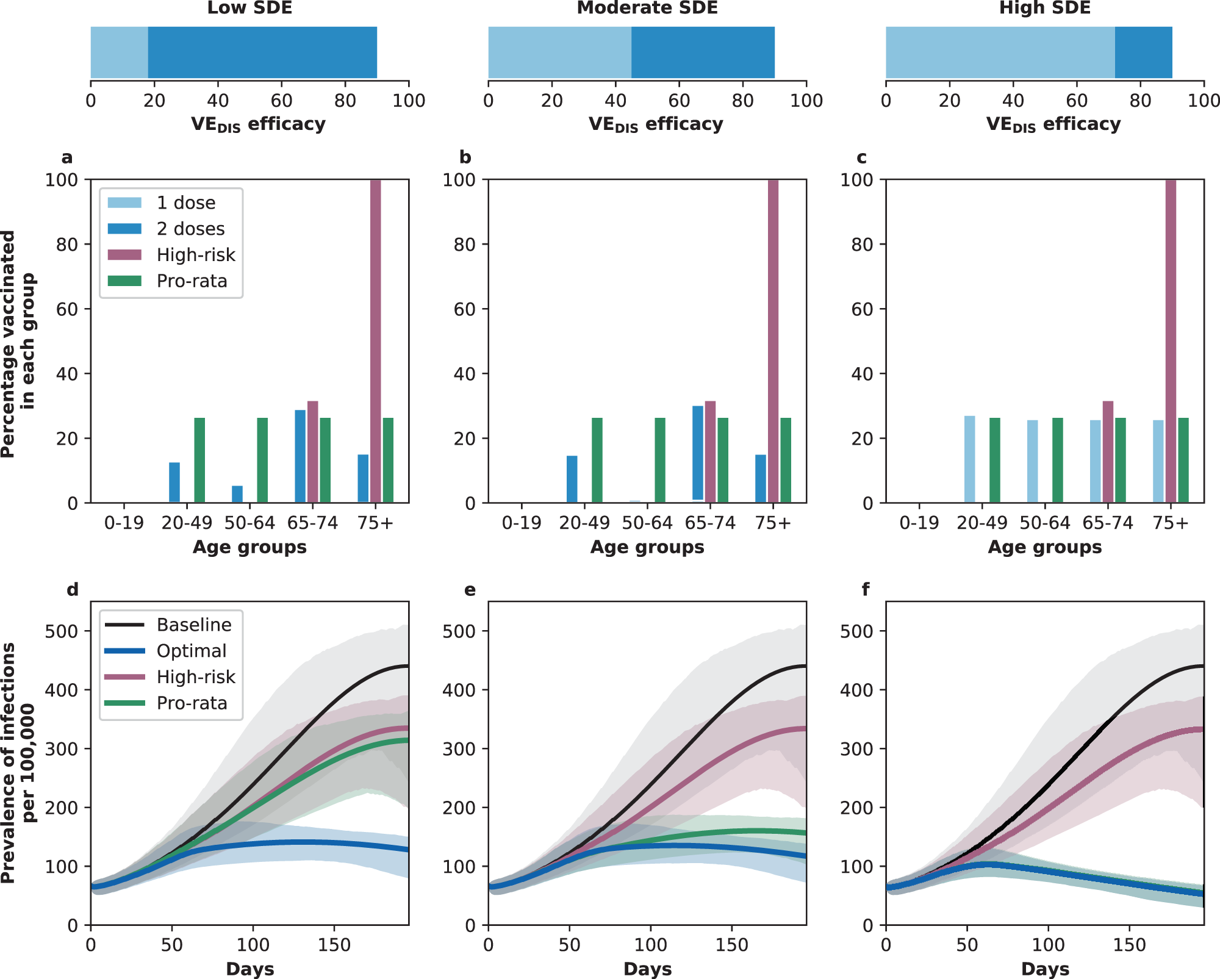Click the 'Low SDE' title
click(249, 8)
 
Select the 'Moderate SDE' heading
click(647, 8)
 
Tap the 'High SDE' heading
click(1044, 8)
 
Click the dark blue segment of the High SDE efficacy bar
click(1143, 52)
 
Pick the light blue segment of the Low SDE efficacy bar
click(119, 52)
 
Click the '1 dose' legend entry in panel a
click(185, 203)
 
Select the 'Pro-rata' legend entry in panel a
click(192, 281)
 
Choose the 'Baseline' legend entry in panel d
click(193, 625)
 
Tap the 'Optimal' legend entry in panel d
click(191, 651)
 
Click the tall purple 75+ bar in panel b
click(773, 342)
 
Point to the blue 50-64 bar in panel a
click(237, 494)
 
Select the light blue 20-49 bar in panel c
click(969, 459)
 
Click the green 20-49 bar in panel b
click(597, 461)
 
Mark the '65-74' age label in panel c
click(1108, 523)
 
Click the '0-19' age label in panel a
click(124, 523)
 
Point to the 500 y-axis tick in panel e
click(458, 631)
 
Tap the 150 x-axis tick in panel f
click(1129, 945)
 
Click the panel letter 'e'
click(470, 590)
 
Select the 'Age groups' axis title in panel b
click(647, 547)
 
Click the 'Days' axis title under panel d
click(249, 969)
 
